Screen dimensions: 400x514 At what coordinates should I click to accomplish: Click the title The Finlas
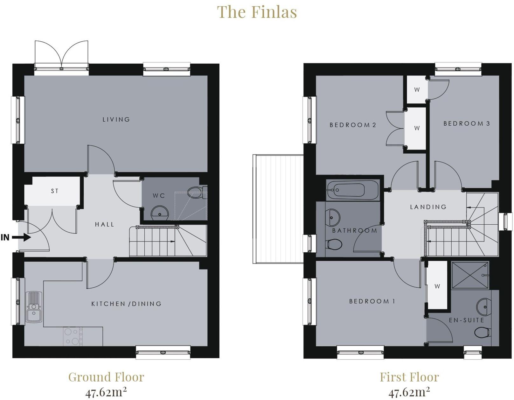coord(257,12)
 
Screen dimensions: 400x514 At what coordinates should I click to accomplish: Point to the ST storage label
coord(55,191)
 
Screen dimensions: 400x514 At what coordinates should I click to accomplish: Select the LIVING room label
coord(116,120)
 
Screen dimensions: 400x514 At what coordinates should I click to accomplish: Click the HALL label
coord(104,224)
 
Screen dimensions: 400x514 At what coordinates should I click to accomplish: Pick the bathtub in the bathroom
coord(352,190)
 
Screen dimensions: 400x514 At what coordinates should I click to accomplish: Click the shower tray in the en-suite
coord(470,275)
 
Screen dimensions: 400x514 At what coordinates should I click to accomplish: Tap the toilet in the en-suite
coord(482,333)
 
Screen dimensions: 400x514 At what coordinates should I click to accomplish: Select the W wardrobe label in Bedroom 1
coord(437,286)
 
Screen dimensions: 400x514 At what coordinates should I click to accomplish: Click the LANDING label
coord(428,207)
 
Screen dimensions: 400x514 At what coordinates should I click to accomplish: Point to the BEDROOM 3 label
coord(466,123)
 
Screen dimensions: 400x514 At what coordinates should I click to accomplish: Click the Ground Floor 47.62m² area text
coord(106,392)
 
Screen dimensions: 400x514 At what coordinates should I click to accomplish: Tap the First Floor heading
coord(409,377)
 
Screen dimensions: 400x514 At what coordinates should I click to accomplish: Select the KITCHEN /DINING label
coord(126,304)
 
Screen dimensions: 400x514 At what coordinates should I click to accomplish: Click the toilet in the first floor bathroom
coord(335,244)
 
